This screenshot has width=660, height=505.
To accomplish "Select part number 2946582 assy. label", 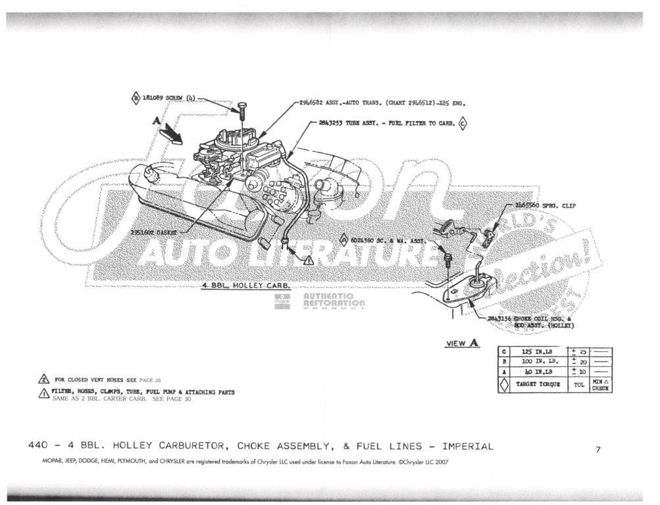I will pyautogui.click(x=313, y=103).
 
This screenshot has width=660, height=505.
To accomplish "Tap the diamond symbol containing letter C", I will pyautogui.click(x=463, y=123).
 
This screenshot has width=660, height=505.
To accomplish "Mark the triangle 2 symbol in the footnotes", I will pyautogui.click(x=43, y=380).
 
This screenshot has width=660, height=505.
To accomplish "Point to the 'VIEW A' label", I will pyautogui.click(x=463, y=343).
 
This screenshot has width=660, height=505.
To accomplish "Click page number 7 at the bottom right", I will pyautogui.click(x=598, y=449).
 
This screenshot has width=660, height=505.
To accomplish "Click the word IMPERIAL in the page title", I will pyautogui.click(x=468, y=446).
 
